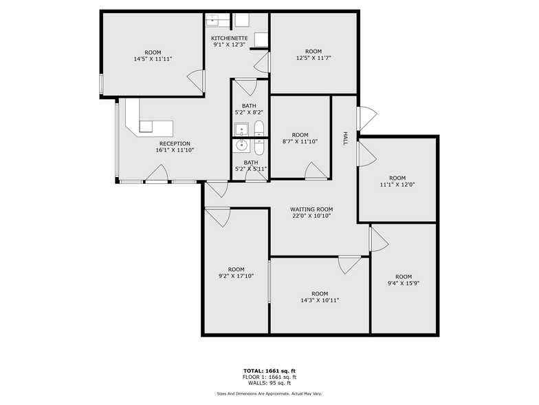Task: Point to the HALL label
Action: coord(344,138)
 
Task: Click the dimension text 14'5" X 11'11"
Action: coord(153,59)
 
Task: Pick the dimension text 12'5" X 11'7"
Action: coord(313,59)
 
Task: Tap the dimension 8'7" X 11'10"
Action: coord(300,142)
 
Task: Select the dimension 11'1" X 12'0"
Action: coord(397,185)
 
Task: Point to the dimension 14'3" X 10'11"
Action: coord(320,300)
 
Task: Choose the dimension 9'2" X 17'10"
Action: coord(236,276)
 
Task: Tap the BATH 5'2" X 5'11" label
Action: coord(250,165)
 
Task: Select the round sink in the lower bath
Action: coord(242,145)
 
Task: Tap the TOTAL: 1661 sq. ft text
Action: coord(269,371)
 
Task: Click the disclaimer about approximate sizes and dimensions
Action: coord(269,393)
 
